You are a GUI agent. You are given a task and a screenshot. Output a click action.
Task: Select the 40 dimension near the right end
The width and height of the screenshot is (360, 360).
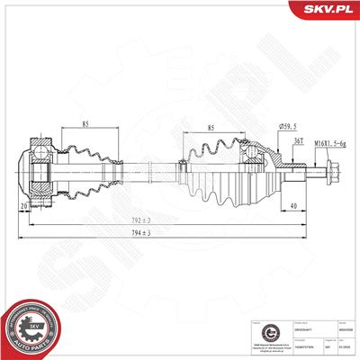[x=295, y=205]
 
